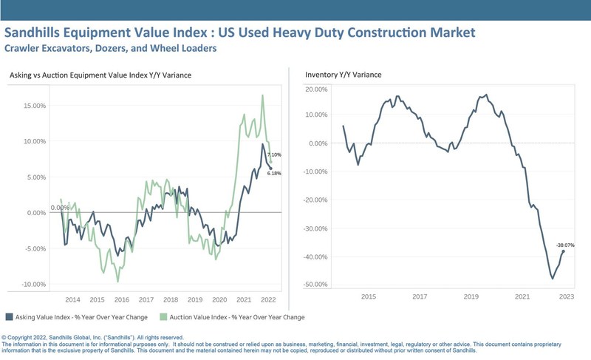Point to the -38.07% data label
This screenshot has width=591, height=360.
click(565, 245)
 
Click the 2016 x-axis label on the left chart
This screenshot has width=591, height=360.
click(122, 300)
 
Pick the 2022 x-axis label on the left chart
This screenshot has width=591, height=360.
click(268, 300)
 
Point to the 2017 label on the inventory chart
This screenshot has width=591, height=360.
click(420, 296)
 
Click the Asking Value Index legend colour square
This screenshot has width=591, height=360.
click(8, 316)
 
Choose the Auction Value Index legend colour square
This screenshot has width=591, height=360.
click(163, 316)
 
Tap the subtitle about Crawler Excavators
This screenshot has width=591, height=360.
click(110, 49)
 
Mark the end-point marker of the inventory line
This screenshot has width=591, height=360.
click(564, 251)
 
